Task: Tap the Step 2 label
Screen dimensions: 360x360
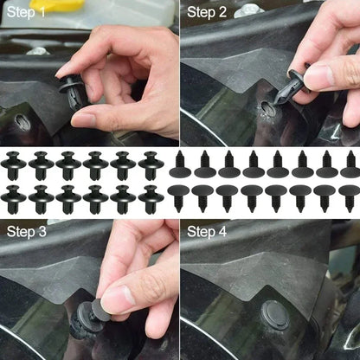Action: [207, 12]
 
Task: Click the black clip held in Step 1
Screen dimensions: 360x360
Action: [72, 90]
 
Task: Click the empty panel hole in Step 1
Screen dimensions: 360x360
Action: [23, 122]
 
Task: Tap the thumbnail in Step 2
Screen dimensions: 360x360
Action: [318, 77]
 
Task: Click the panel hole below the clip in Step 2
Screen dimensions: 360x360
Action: [269, 110]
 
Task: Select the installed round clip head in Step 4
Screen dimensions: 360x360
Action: [275, 316]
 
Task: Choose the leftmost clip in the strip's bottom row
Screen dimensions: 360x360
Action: [14, 199]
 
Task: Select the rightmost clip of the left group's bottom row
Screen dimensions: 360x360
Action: [150, 199]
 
